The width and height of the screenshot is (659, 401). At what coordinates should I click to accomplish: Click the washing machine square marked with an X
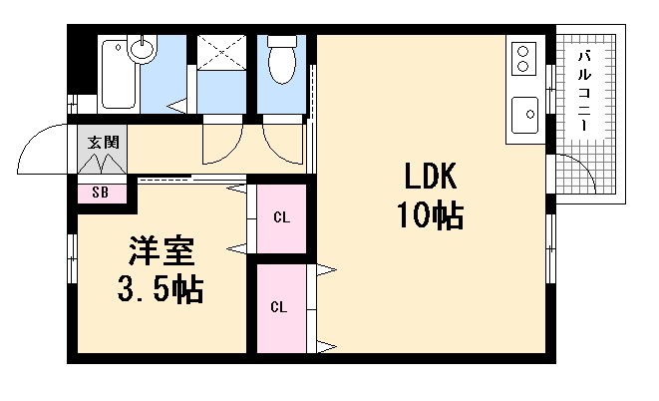pos(221,53)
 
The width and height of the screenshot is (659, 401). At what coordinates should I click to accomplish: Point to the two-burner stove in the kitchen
pos(523,57)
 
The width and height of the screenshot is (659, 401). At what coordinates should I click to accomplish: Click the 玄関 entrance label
pos(101,142)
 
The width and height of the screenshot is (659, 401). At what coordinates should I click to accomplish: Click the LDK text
pos(429,178)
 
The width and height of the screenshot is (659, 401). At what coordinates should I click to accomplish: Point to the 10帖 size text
pos(429,214)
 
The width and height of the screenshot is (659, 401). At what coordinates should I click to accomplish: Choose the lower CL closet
pos(280,306)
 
